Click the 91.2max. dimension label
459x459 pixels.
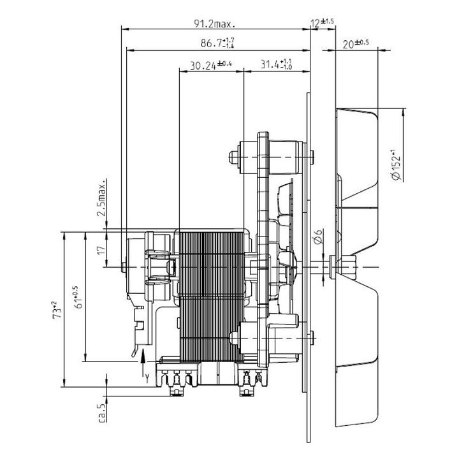(215, 24)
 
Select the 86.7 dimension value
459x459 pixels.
(217, 43)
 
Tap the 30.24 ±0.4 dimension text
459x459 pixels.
(211, 65)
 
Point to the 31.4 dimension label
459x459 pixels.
(276, 64)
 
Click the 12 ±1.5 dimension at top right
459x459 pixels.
(323, 22)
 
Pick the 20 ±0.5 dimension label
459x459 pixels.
(356, 44)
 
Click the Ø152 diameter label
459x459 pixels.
(396, 164)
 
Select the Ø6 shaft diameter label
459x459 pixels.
(318, 237)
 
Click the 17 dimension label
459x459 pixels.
(101, 251)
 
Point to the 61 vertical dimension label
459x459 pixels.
(79, 298)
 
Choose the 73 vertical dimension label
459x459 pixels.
(57, 310)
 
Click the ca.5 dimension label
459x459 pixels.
(102, 413)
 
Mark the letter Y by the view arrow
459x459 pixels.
(147, 379)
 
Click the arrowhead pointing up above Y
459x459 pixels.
(143, 355)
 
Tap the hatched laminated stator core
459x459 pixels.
(212, 296)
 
